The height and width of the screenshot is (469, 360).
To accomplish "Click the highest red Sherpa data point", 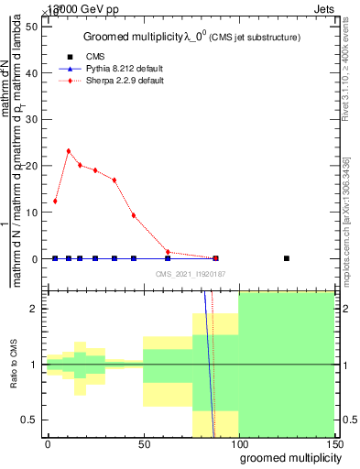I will [x=69, y=151].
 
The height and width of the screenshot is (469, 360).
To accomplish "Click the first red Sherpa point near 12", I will [x=56, y=201].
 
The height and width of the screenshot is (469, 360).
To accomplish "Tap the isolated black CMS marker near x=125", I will [x=287, y=258].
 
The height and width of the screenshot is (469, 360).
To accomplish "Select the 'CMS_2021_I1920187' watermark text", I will [x=191, y=273].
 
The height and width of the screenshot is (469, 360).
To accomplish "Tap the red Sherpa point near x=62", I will [x=168, y=252].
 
